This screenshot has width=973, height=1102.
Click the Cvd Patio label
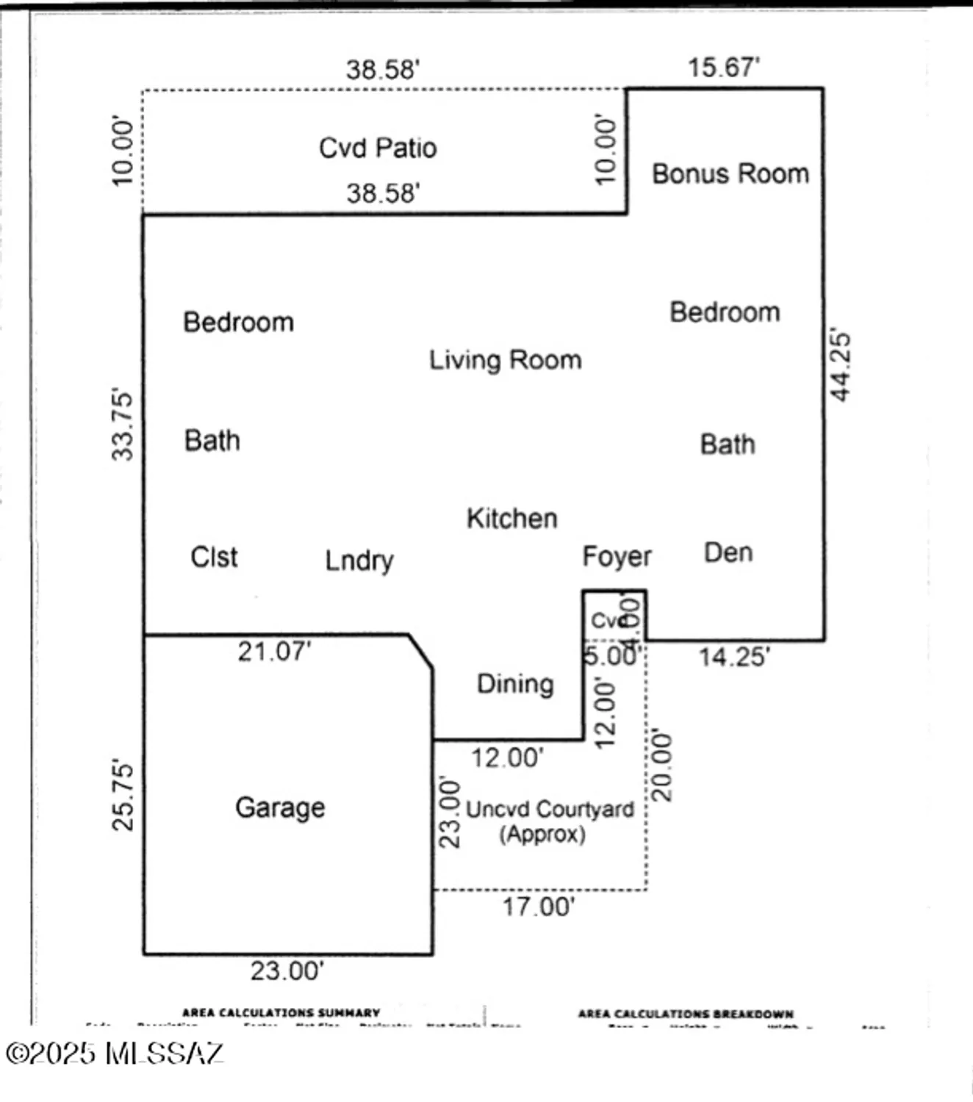coord(378,148)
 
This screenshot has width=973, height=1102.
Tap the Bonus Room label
coord(730,174)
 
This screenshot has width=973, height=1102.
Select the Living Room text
coord(505,360)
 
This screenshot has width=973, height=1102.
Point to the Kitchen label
coord(511,519)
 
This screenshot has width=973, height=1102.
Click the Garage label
coord(280,807)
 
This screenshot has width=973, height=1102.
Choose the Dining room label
coord(515,684)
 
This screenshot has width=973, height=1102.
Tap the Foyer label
coord(617,557)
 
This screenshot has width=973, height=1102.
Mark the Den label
coord(728,552)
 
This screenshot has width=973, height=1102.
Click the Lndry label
coord(359,561)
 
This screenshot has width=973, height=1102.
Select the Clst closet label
coord(214,557)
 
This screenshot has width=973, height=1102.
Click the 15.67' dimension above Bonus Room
coord(723,68)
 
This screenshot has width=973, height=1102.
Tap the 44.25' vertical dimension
coord(840,366)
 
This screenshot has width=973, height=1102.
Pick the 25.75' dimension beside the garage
coord(123,796)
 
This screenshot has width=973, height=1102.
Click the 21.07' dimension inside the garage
coord(274,652)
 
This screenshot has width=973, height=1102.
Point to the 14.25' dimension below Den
coord(733,657)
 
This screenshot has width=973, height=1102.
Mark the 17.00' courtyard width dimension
coord(538,907)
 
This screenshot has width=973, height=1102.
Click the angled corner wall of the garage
coord(420,652)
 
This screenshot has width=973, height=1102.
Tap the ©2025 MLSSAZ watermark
coord(114,1054)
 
